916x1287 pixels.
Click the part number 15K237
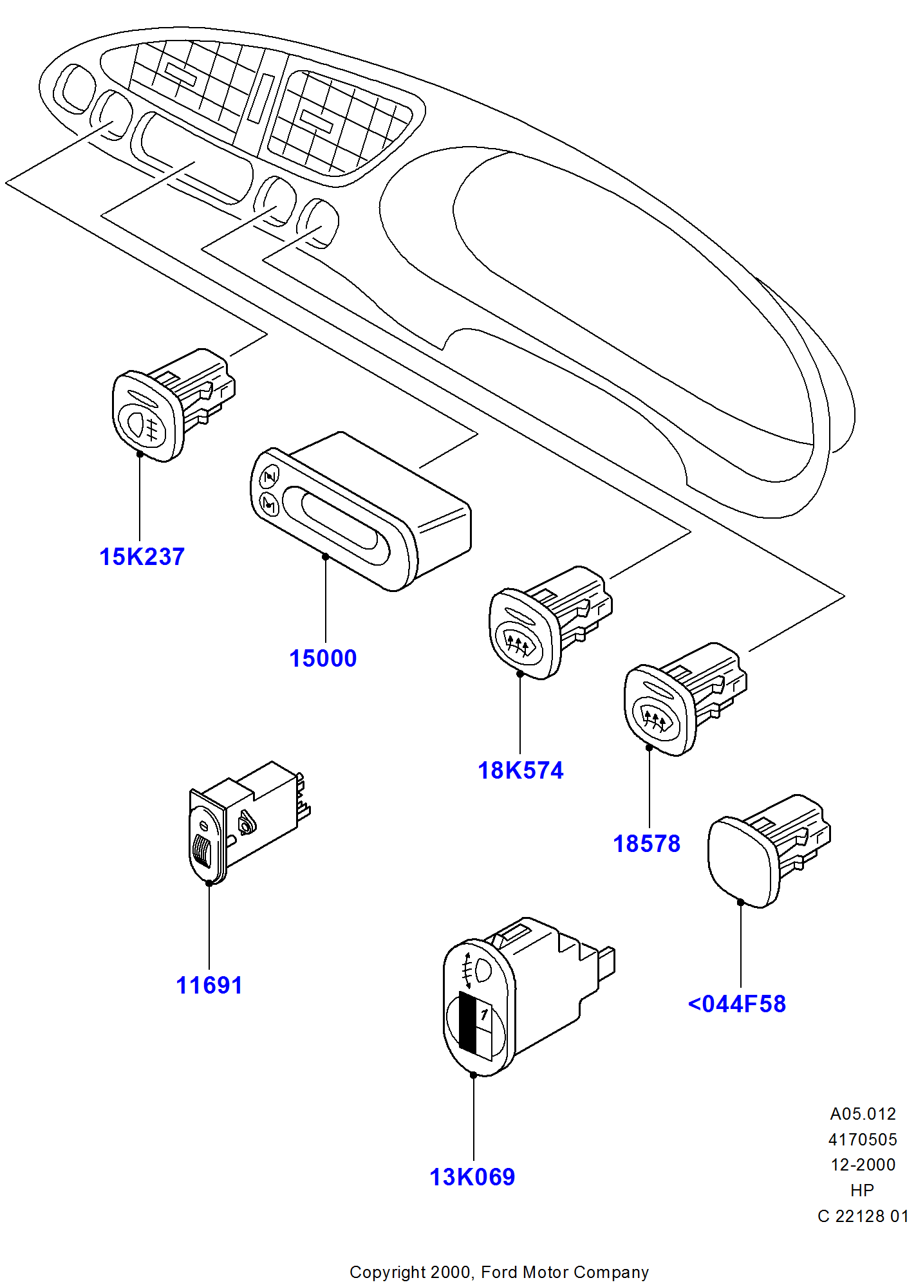click(x=142, y=557)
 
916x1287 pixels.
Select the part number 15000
click(x=322, y=658)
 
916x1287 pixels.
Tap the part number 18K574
click(x=520, y=770)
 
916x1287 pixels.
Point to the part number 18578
click(x=646, y=844)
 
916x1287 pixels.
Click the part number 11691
click(x=209, y=985)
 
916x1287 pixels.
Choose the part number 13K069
click(x=472, y=1177)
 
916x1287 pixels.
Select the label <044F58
click(x=737, y=1004)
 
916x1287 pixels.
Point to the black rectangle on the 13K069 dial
click(x=468, y=1022)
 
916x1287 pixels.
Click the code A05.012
click(x=863, y=1114)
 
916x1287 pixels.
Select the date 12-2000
click(x=863, y=1165)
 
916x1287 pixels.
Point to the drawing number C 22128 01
click(x=863, y=1216)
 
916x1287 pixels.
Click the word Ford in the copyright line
click(x=499, y=1272)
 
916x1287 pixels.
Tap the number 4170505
click(x=863, y=1140)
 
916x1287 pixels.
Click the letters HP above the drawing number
click(x=862, y=1190)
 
